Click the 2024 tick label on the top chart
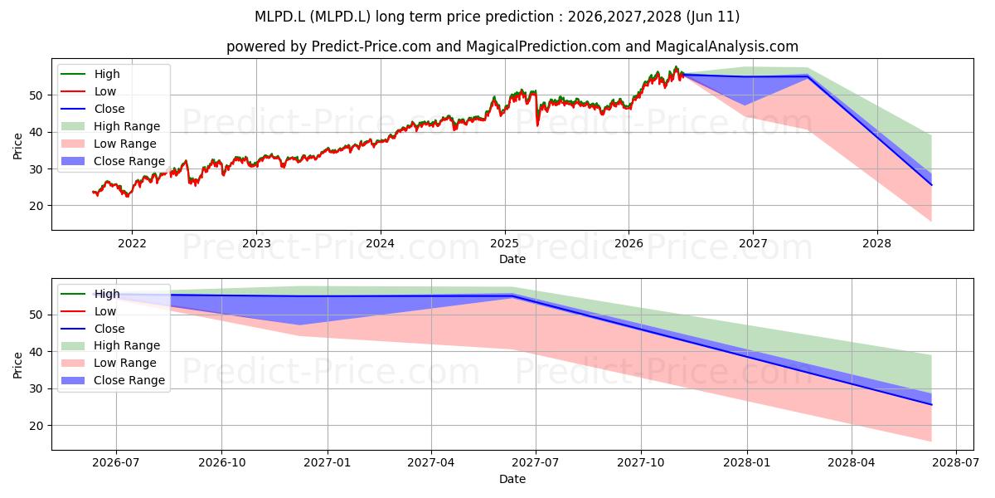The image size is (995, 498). click(381, 243)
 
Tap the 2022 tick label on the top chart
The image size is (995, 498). click(132, 243)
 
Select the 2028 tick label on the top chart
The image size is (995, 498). click(877, 243)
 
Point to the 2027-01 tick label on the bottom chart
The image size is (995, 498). click(328, 463)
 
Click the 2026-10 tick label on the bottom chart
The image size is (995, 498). click(221, 463)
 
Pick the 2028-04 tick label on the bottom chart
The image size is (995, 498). click(852, 463)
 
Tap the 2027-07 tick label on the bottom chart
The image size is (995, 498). click(536, 463)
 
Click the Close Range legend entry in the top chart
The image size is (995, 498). click(113, 161)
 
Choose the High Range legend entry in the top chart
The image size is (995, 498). click(110, 126)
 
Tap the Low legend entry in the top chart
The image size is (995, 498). click(89, 91)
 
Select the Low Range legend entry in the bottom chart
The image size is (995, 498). click(109, 363)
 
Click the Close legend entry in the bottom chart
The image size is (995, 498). click(93, 329)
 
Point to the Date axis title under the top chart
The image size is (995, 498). click(512, 259)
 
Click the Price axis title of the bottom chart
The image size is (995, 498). click(17, 365)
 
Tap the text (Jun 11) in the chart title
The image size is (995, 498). click(712, 17)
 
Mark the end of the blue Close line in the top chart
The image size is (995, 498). click(931, 185)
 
